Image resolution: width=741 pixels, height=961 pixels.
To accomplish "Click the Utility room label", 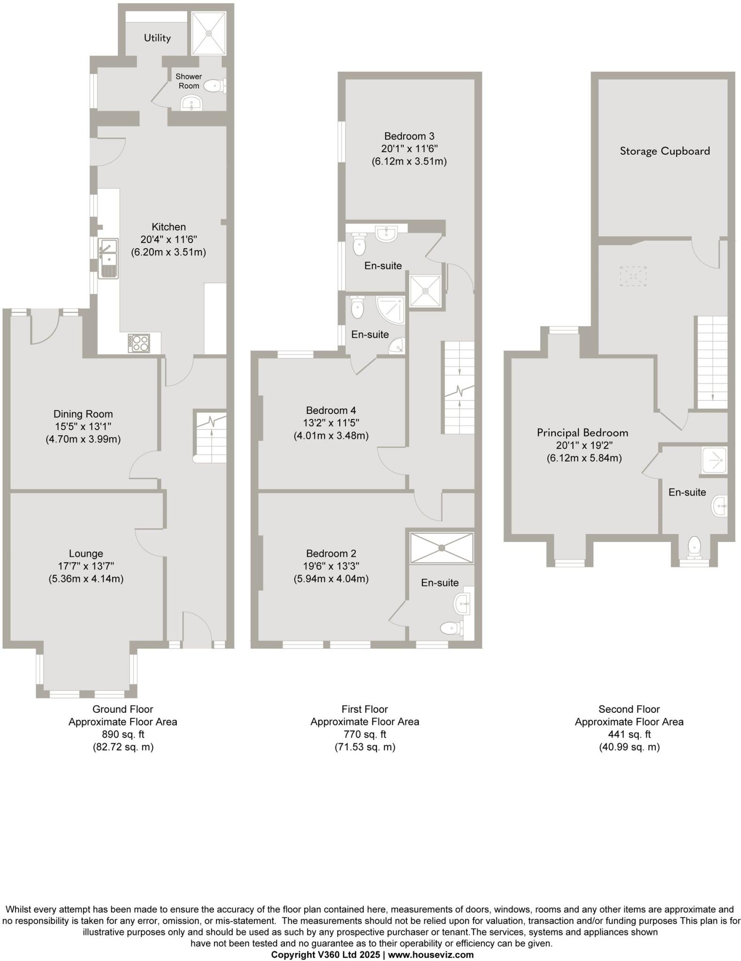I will coord(157,38).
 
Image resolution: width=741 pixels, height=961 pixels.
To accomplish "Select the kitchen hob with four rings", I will coord(139,343).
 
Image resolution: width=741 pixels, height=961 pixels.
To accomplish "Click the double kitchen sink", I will coord(108,259).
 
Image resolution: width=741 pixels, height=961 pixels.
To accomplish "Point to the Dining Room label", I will coord(83,414).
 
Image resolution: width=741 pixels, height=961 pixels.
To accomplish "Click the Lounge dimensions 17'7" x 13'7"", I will coord(86,566).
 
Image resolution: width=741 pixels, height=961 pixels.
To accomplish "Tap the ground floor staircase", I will coord(211,437).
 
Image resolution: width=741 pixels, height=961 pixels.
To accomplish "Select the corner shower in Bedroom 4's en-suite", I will coord(391,309).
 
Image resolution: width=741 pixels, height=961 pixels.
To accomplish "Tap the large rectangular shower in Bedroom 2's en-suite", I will coord(442,547).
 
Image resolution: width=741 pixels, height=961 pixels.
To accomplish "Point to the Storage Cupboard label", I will coord(665,151).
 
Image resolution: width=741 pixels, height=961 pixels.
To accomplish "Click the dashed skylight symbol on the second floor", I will coord(633,276).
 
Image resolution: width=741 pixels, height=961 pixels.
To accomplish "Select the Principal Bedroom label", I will coord(582,433).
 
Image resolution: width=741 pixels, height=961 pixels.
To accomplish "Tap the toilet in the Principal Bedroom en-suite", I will coord(694,548).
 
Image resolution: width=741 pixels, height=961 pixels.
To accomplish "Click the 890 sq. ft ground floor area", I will coord(123,734).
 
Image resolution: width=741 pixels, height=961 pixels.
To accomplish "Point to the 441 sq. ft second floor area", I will coord(629,734).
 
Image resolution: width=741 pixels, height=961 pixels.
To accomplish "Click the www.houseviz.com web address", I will coord(431,954).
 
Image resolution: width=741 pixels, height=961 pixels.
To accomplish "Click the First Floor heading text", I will coord(365,709).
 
